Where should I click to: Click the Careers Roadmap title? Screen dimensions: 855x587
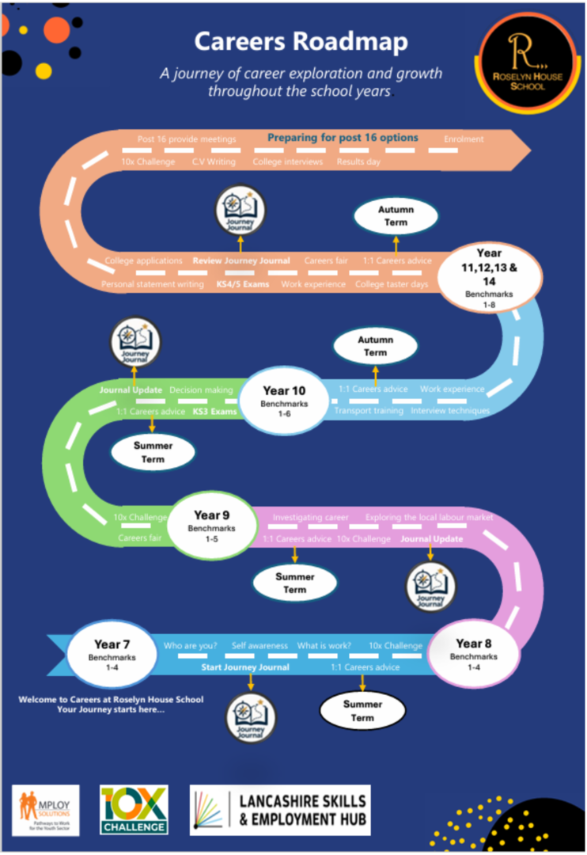(x=301, y=41)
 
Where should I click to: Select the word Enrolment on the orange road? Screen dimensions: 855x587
(x=464, y=139)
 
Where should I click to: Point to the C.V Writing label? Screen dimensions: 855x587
(x=214, y=161)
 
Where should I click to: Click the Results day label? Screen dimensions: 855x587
(x=358, y=161)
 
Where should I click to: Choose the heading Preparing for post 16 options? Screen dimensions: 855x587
(x=343, y=138)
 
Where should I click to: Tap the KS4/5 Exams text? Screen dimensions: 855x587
(x=242, y=284)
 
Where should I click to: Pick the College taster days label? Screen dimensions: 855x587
(x=392, y=284)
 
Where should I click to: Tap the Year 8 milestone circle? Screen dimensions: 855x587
(x=474, y=650)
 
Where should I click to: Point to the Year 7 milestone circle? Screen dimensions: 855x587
(x=112, y=651)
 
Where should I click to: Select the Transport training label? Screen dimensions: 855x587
(x=369, y=411)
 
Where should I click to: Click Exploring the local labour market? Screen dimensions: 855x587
(x=429, y=518)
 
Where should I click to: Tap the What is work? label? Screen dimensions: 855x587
(x=324, y=646)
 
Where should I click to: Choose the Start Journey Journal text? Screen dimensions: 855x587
(x=244, y=667)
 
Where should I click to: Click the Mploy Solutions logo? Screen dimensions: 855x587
(x=46, y=810)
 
